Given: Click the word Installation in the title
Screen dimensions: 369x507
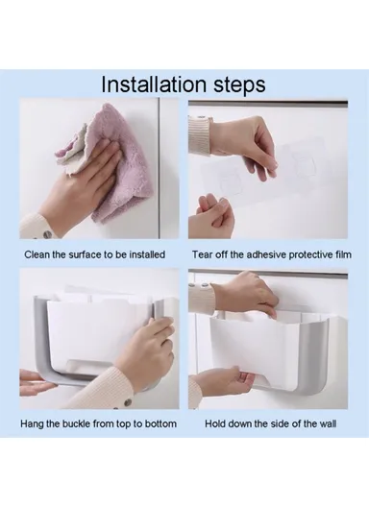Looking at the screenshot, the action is pos(154,84).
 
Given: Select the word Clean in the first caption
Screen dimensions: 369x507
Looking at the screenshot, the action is pos(37,254).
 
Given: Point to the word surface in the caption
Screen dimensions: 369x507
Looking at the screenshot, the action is pos(86,254).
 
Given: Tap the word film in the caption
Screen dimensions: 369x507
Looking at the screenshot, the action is pos(344,254).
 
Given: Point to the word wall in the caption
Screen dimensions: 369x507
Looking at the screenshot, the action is pos(328,423).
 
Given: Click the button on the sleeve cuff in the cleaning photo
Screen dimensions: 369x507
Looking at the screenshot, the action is pos(47,233).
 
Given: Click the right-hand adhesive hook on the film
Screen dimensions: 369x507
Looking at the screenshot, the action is pos(303,160).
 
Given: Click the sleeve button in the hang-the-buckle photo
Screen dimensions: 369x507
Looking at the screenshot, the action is pos(128,403).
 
